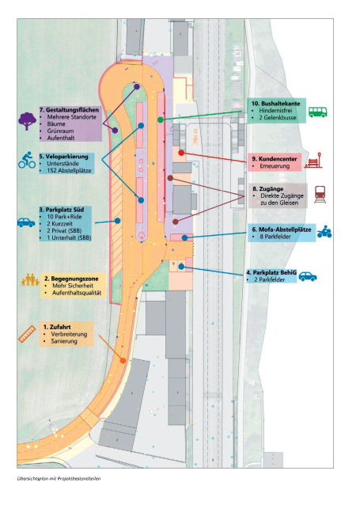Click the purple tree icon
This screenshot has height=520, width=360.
click(27, 121)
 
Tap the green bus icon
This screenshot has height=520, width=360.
click(317, 112)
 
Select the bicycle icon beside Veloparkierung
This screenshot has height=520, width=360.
click(27, 160)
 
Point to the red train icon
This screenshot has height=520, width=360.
click(320, 194)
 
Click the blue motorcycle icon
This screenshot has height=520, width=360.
click(324, 231)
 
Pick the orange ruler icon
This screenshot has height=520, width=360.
click(27, 334)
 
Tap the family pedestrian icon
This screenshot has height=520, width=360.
click(30, 279)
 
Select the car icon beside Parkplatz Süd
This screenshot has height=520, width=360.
click(26, 222)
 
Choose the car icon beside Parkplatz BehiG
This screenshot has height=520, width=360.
click(308, 276)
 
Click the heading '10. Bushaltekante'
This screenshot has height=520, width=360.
click(275, 104)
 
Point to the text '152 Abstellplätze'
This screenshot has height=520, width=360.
click(69, 170)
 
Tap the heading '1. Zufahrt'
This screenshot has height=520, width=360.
click(57, 327)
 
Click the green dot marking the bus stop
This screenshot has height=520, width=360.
click(161, 120)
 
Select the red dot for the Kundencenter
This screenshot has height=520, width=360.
click(181, 153)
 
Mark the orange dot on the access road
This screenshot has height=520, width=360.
click(123, 360)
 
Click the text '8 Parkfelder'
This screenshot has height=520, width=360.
click(275, 237)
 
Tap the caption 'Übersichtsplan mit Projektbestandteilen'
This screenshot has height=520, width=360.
click(59, 479)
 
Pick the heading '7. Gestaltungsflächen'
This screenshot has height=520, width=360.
click(69, 110)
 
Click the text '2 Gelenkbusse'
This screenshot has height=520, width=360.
click(278, 117)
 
